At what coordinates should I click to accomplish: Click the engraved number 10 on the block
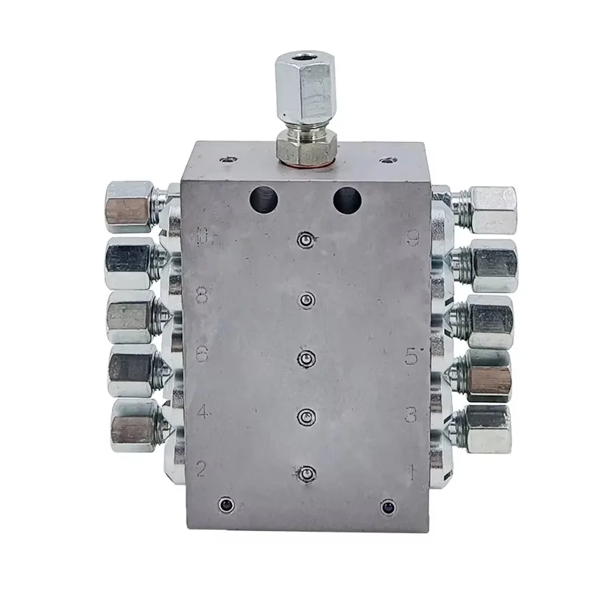pos(205,237)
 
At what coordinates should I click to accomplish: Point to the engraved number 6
pos(202,353)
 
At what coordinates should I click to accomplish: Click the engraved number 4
pos(203,412)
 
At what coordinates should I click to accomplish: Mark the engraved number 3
pos(412,415)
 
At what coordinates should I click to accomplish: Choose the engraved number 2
pos(201,468)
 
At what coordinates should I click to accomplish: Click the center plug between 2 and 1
pos(306,473)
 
